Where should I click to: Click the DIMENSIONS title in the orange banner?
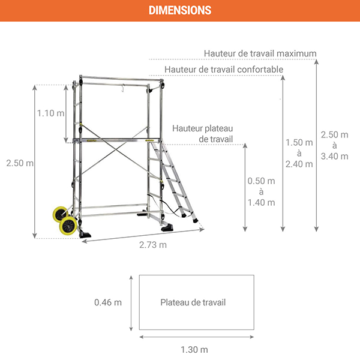[x=179, y=10]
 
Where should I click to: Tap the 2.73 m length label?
[x=152, y=245]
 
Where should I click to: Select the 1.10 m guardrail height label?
[x=50, y=113]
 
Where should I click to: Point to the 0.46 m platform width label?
[x=108, y=302]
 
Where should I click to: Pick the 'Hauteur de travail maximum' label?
[x=260, y=53]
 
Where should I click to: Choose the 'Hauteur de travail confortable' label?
[x=223, y=70]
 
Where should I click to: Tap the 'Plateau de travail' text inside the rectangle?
[x=193, y=302]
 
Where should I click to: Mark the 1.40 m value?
[x=261, y=202]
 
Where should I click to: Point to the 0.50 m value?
[x=261, y=181]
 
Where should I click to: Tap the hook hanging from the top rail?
[x=122, y=89]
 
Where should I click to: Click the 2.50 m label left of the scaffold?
[x=18, y=163]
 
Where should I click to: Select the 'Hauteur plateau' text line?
[x=202, y=128]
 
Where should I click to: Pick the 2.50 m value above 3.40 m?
[x=334, y=135]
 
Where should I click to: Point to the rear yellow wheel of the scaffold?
[x=59, y=215]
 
